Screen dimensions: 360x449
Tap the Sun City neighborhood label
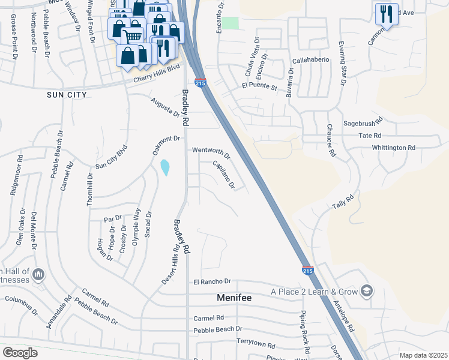click(x=67, y=95)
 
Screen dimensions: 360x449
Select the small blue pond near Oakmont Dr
click(x=165, y=167)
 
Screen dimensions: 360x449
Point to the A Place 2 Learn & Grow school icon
click(x=366, y=292)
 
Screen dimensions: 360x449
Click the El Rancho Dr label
click(x=212, y=281)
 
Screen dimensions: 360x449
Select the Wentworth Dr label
click(x=211, y=150)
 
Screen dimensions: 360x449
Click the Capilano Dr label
click(x=223, y=174)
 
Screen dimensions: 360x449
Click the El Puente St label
click(x=259, y=88)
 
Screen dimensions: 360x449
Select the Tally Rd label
click(x=343, y=201)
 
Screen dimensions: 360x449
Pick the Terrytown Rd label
click(x=255, y=346)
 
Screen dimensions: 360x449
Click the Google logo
click(x=20, y=353)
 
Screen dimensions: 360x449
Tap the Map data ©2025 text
click(x=423, y=355)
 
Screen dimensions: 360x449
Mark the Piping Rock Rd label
click(x=306, y=332)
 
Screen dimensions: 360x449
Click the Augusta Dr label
click(x=165, y=107)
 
